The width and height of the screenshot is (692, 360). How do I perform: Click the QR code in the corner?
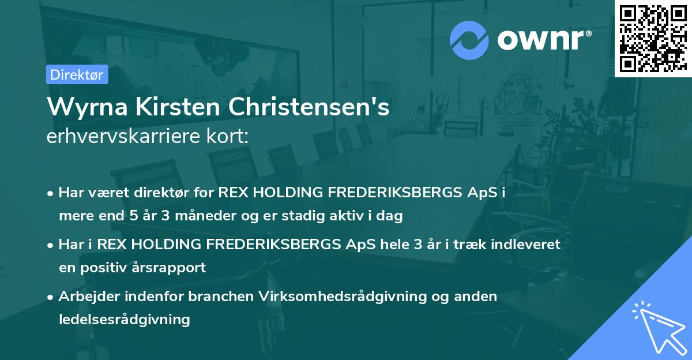tap(653, 38)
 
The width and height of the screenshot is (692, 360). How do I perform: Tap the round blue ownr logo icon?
tap(469, 40)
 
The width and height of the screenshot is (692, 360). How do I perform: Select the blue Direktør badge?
tap(77, 74)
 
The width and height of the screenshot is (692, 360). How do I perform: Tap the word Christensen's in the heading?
tap(304, 107)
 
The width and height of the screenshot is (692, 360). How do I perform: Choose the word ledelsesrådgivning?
tap(124, 319)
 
